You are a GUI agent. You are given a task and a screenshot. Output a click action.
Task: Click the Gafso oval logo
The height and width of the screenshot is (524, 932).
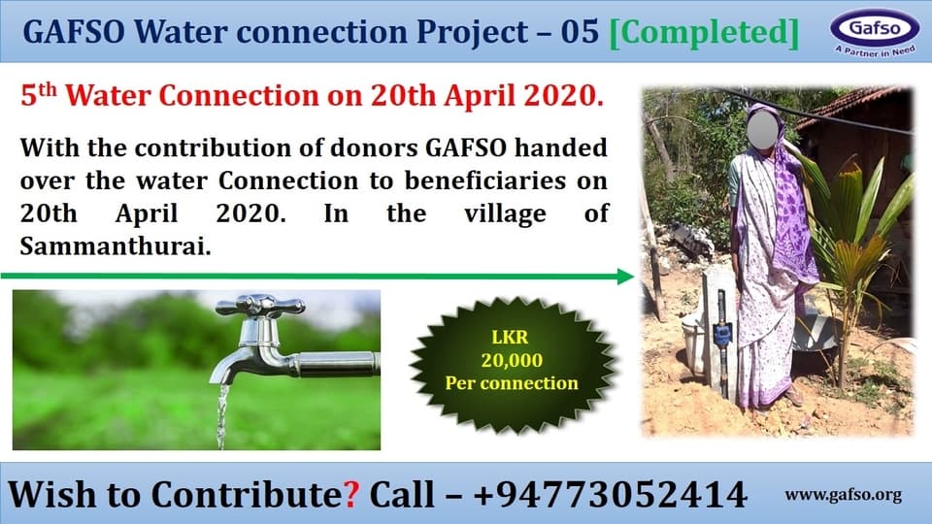[875, 27]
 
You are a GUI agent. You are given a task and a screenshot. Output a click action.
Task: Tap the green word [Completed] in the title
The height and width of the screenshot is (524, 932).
[705, 31]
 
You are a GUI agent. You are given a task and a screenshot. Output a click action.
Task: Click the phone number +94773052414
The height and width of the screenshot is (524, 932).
[611, 494]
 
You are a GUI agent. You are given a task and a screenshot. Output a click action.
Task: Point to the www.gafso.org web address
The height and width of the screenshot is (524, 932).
[843, 495]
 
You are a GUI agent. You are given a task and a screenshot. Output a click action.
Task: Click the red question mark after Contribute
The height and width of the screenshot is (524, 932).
[351, 494]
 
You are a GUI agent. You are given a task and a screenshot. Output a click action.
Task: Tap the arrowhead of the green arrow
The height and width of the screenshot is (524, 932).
[625, 277]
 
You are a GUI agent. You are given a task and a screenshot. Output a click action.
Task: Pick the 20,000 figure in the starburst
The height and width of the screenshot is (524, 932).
[512, 360]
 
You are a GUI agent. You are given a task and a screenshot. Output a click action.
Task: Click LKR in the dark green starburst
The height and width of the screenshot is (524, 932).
[510, 338]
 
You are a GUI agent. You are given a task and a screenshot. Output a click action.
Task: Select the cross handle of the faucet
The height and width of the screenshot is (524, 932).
[260, 306]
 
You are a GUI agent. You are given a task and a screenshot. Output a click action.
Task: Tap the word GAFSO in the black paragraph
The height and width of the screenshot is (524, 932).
[466, 147]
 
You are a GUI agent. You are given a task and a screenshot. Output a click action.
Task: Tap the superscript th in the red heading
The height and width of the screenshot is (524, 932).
[48, 89]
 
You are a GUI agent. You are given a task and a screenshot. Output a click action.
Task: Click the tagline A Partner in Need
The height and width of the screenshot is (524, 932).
[875, 51]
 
